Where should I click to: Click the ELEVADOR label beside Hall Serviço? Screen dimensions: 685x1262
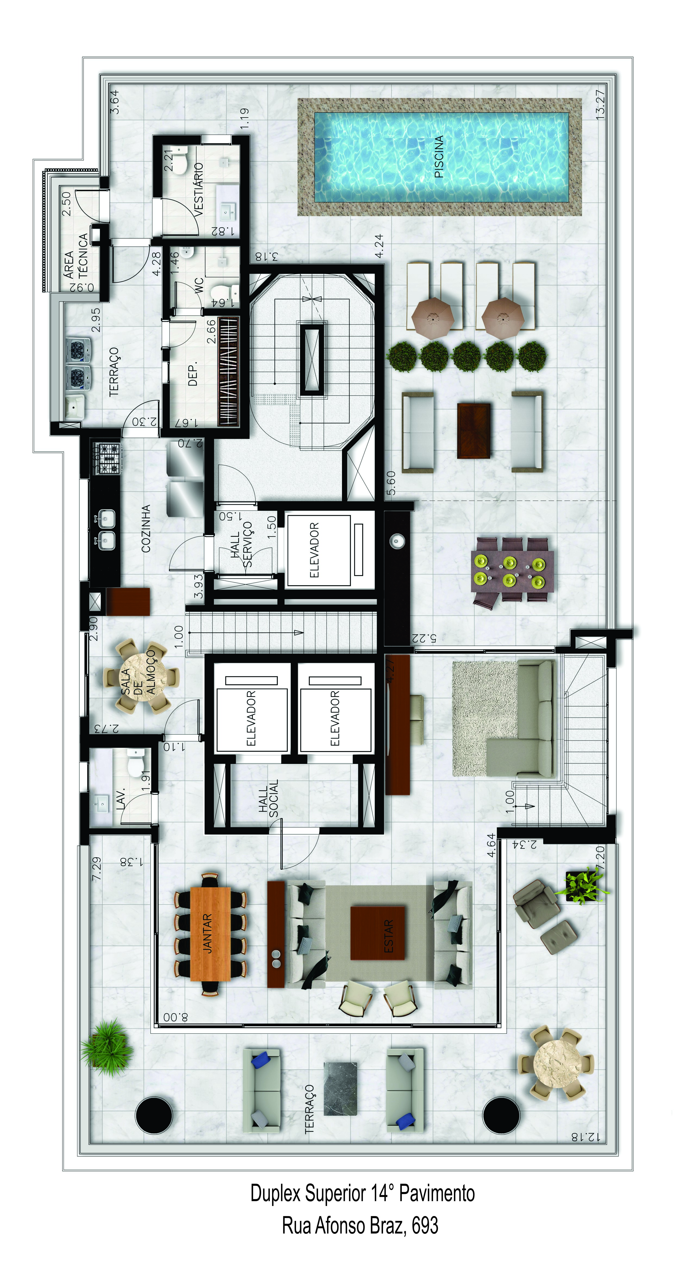pyautogui.click(x=314, y=550)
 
